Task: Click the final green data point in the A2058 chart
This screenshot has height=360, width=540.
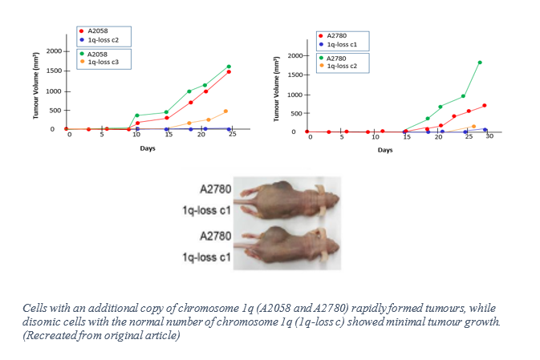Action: coord(229,67)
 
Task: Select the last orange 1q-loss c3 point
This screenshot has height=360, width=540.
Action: coord(225,111)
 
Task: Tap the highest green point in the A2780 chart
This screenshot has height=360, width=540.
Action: coord(480,62)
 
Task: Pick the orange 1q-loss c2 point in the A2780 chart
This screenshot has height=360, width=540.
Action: coord(473,126)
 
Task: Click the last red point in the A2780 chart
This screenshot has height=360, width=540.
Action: coord(485,105)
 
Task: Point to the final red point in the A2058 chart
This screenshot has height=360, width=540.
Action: coord(229,72)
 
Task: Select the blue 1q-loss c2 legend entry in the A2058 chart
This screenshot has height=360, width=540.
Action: coord(104,38)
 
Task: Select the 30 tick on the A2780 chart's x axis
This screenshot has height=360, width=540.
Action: coord(489,136)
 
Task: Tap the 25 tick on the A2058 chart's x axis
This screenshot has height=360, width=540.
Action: coord(233,134)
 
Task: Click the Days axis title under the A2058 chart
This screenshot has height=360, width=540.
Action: coord(148,148)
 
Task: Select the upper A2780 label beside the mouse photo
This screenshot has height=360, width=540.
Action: coord(215,190)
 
